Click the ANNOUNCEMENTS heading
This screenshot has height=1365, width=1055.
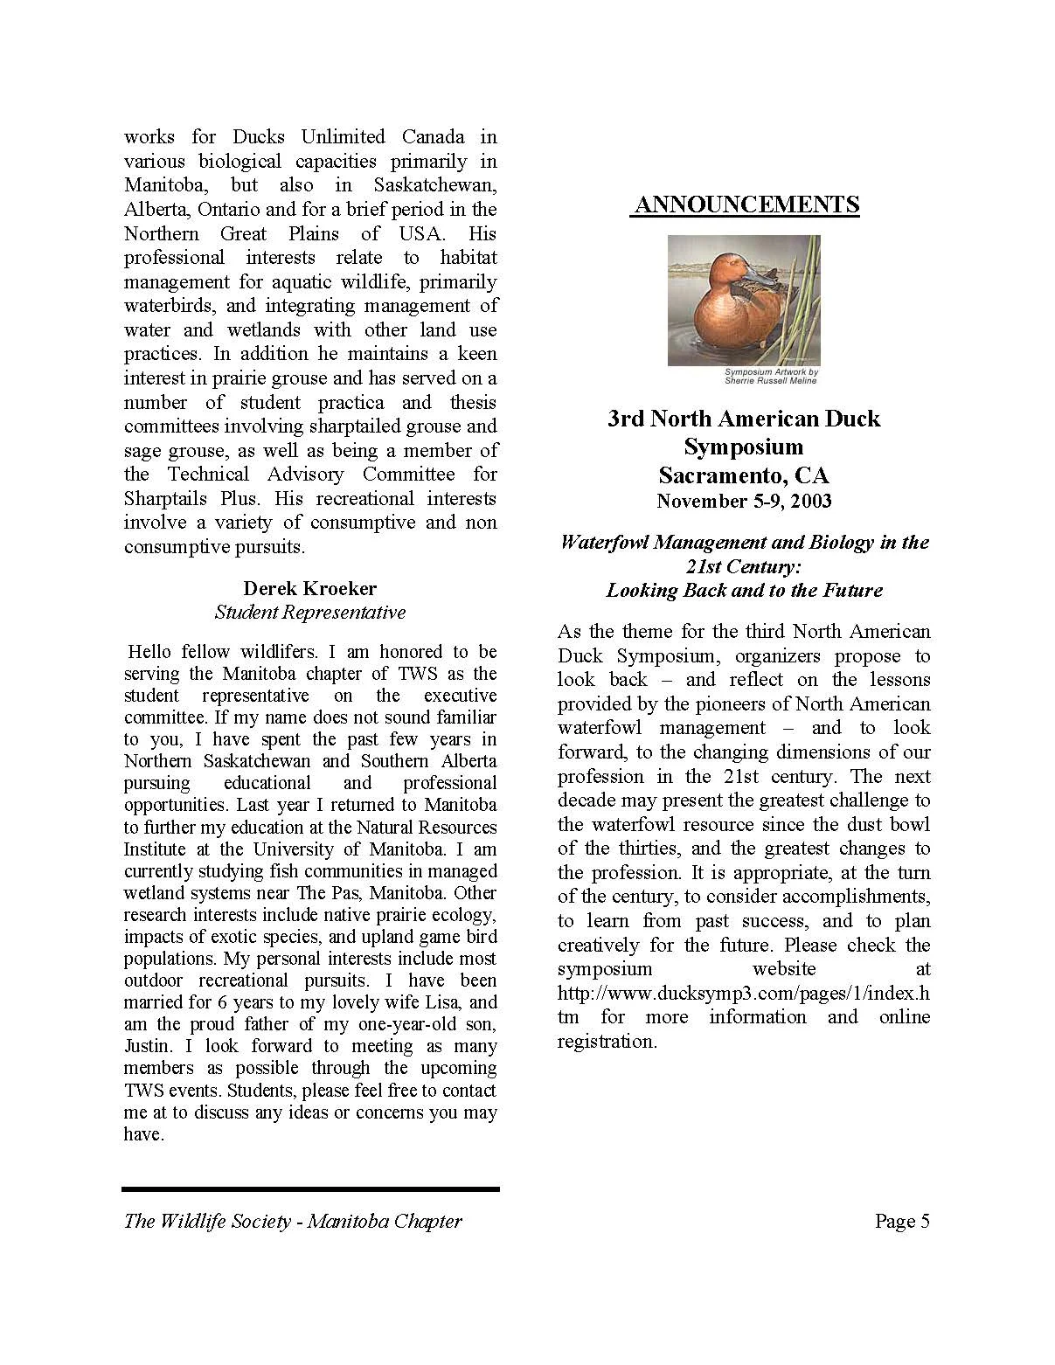point(746,205)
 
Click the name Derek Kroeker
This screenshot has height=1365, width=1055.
point(310,588)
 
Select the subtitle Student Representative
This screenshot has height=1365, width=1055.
point(310,612)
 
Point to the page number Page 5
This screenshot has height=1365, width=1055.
point(902,1221)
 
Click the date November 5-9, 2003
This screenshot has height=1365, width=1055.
point(745,501)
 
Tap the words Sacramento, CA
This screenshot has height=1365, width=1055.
point(744,475)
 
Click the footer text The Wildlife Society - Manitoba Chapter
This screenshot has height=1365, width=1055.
point(293,1221)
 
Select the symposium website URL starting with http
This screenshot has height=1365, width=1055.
point(743,993)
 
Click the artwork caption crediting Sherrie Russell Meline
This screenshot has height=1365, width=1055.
point(770,376)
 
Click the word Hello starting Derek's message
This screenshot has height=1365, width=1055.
point(152,652)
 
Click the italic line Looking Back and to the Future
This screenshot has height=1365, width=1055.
point(745,590)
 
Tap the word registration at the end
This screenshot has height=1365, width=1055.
point(606,1041)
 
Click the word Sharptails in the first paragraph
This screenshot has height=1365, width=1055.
point(165,498)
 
